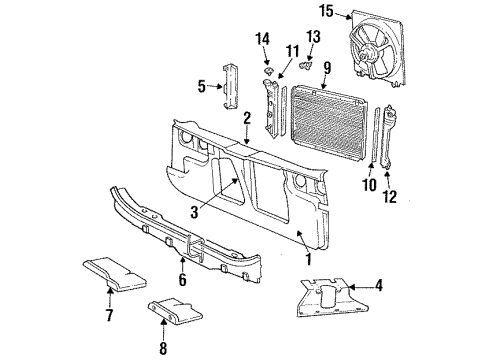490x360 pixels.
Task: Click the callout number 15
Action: coord(326,12)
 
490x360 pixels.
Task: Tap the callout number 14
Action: coord(263,39)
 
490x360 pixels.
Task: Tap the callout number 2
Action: coord(246,118)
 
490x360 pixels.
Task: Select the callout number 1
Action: coord(308,259)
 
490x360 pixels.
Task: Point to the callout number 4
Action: coord(408,286)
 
